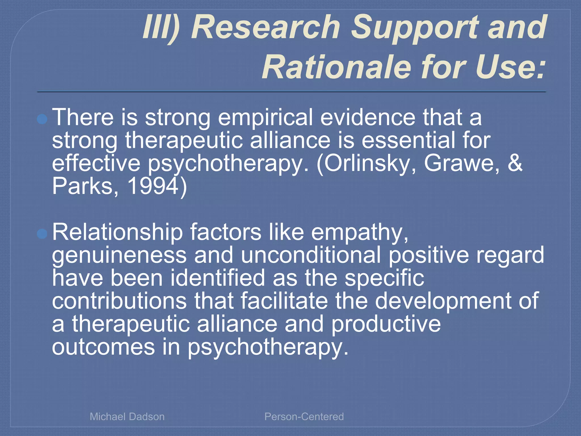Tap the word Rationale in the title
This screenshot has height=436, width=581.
tap(336, 67)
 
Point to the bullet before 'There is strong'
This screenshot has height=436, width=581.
tap(42, 119)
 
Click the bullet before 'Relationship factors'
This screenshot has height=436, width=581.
tap(42, 234)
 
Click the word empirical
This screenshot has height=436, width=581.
tap(265, 118)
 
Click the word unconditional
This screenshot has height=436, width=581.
tap(311, 255)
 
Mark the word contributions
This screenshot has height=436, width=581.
tap(119, 301)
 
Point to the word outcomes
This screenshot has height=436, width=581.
tap(103, 347)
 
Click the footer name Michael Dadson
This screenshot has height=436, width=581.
tap(127, 417)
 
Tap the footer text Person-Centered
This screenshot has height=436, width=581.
tap(304, 417)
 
